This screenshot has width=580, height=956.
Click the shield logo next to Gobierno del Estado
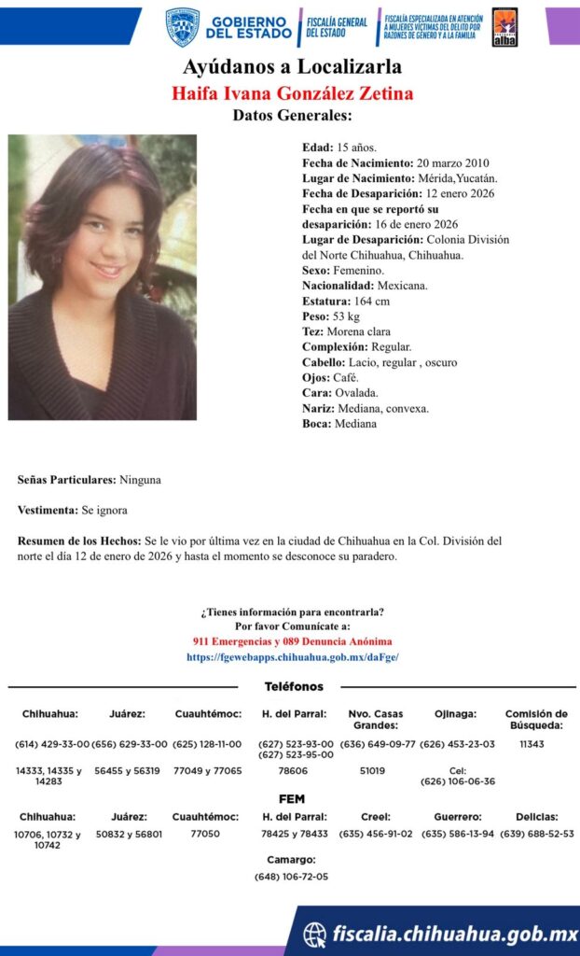(x=183, y=27)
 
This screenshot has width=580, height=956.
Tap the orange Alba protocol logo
(x=504, y=27)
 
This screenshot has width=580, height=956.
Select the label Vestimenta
(x=48, y=511)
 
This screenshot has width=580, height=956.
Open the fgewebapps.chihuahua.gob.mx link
(x=293, y=657)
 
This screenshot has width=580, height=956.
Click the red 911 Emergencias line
(x=293, y=642)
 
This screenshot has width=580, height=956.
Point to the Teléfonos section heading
(x=294, y=687)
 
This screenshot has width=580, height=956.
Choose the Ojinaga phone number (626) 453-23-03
(x=458, y=744)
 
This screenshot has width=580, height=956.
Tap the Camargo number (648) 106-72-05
(x=291, y=877)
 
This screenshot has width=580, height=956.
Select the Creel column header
(x=375, y=816)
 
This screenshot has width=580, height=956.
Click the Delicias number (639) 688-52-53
(x=536, y=833)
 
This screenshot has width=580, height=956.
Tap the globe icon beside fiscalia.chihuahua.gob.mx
(x=315, y=934)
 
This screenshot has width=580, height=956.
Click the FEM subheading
(x=292, y=799)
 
